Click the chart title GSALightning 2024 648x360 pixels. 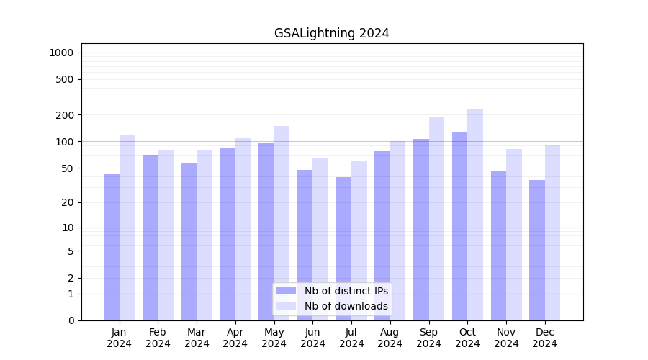coord(331,33)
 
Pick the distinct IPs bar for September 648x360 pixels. coord(421,230)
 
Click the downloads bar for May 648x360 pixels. coord(282,223)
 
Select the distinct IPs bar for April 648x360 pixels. coord(228,234)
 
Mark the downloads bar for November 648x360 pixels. coord(514,235)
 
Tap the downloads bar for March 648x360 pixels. coord(204,235)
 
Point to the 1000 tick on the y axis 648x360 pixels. coord(61,53)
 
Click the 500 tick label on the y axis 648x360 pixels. coord(66,79)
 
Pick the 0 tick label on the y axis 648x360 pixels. coord(71,320)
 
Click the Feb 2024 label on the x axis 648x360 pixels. coord(158,338)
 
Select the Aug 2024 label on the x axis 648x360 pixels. coord(390,338)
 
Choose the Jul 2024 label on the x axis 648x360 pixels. coord(351,338)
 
